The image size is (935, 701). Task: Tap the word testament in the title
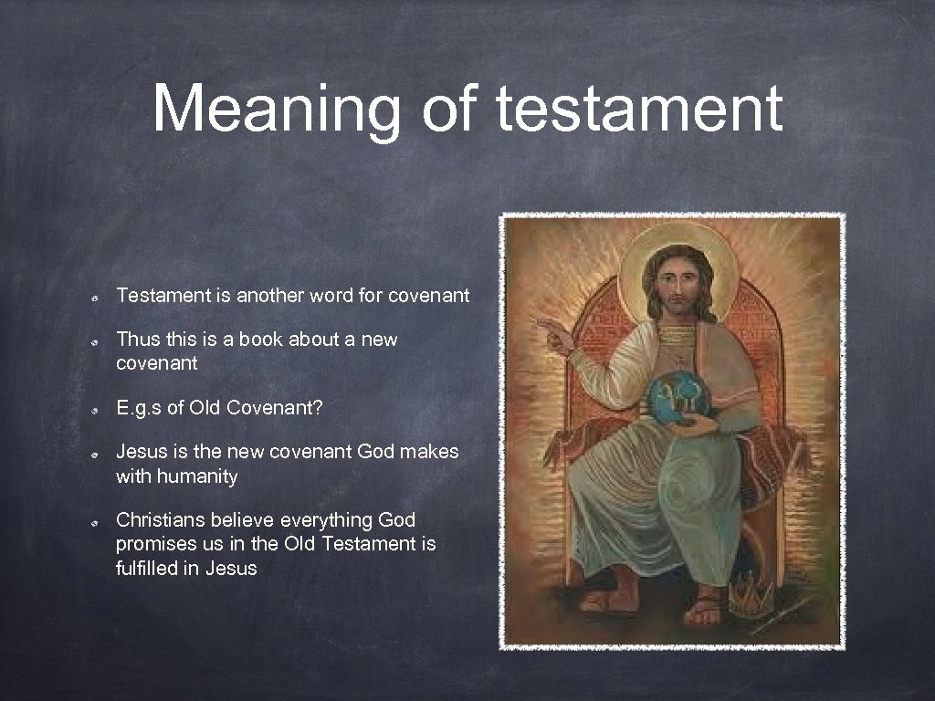pos(638,108)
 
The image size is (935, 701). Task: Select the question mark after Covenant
pos(317,408)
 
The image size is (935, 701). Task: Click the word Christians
pos(161,520)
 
